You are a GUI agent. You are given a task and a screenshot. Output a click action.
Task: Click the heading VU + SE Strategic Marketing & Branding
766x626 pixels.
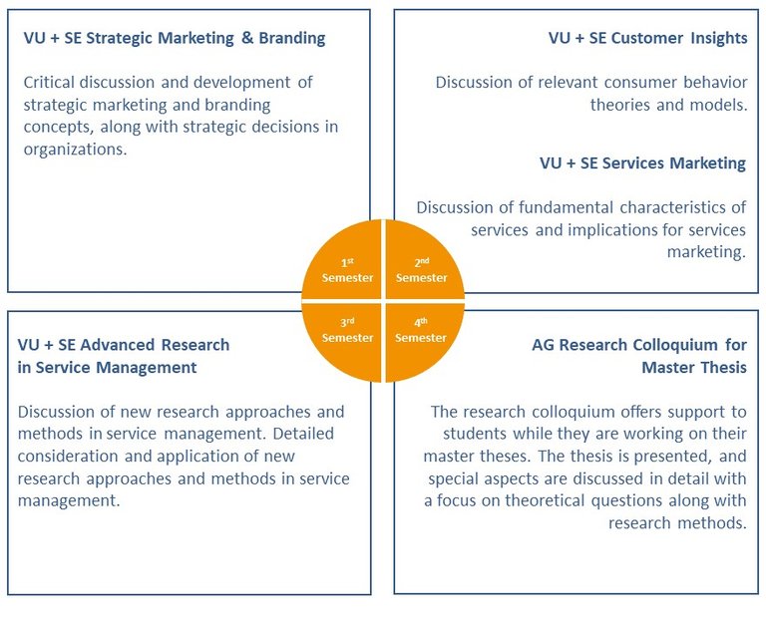coord(175,39)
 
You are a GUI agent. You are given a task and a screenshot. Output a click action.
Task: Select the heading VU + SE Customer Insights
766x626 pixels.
coord(647,39)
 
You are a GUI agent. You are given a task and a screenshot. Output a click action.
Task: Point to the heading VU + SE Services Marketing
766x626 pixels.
coord(642,162)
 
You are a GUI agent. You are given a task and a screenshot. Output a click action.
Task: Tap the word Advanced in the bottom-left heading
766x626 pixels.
coord(128,345)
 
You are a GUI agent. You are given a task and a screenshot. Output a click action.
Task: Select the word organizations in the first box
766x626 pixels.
coord(75,149)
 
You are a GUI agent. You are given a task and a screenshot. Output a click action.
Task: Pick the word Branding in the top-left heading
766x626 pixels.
coord(291,39)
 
